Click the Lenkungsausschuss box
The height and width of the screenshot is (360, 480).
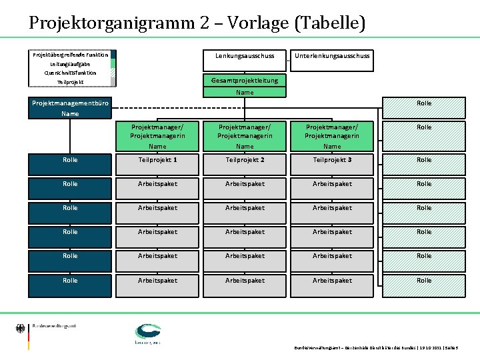coord(245,57)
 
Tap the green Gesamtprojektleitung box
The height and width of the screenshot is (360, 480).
coord(245,80)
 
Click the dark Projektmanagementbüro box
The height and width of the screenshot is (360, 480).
coord(70,103)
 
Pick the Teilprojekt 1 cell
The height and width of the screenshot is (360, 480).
coord(157,160)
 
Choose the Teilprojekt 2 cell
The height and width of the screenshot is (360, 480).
coord(245,160)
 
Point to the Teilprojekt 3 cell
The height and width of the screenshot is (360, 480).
coord(332,160)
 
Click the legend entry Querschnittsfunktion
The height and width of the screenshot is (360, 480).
coord(70,73)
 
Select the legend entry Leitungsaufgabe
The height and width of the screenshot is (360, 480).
coord(70,63)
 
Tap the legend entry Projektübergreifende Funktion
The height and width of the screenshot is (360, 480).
coord(70,55)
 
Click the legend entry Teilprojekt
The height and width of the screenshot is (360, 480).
coord(70,82)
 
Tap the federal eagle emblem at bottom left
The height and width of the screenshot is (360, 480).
coord(20,329)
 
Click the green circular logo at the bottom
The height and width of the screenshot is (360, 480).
coord(148,333)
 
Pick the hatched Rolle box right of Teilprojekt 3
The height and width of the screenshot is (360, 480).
coord(424,160)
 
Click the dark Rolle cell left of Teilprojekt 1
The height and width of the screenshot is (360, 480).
coord(70,160)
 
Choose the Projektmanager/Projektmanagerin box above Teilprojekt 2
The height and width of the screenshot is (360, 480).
coord(245,131)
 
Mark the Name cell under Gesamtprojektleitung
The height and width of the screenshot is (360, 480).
coord(245,92)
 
